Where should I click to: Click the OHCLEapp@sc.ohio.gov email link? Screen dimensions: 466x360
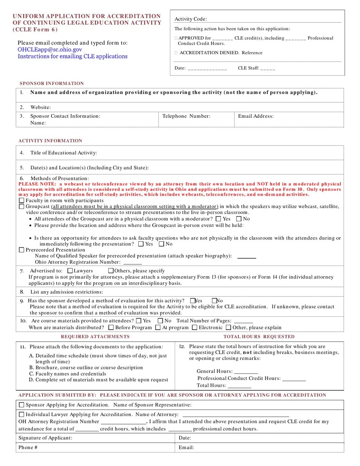tap(50, 50)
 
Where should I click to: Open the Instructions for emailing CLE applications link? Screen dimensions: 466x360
tap(72, 56)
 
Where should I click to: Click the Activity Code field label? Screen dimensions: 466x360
tap(191, 19)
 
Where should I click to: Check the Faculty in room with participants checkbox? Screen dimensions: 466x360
tap(22, 200)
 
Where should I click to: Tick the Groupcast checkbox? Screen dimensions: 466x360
tap(22, 206)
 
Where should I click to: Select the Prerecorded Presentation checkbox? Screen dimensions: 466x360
tap(22, 250)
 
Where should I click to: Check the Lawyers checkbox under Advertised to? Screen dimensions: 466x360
tap(70, 271)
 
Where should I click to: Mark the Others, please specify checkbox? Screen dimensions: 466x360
tap(111, 271)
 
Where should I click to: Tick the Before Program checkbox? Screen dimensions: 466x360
tap(111, 327)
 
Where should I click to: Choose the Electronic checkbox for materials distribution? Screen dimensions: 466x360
tap(194, 327)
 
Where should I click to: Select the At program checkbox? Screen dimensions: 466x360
tap(158, 327)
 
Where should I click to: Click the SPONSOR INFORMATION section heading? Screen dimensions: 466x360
tap(52, 84)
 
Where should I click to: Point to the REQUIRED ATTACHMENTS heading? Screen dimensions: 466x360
tap(95, 336)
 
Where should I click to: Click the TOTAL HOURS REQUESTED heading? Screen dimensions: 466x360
tap(259, 336)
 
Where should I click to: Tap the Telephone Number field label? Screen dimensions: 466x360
tap(186, 116)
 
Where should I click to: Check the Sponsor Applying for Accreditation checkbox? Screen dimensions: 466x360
tap(22, 405)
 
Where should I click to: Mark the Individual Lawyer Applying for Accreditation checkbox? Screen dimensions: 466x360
tap(22, 414)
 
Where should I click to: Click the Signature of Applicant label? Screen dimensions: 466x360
tap(45, 438)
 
